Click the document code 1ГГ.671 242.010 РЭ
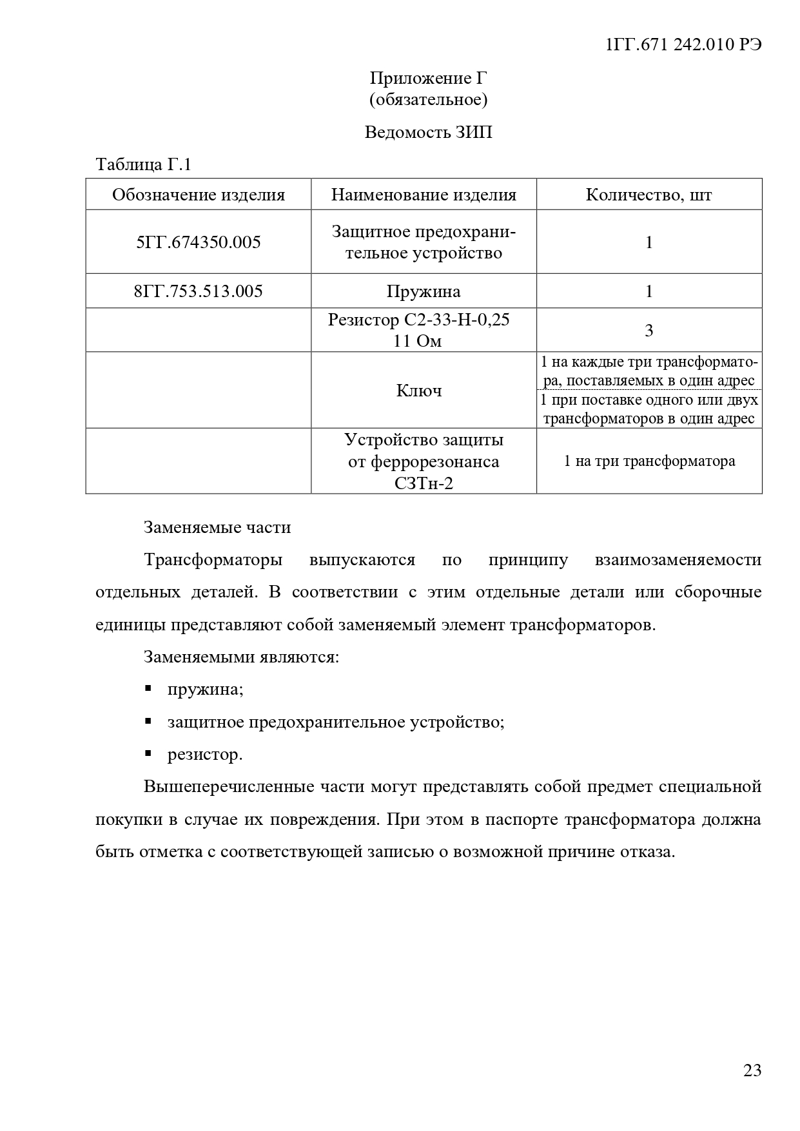coord(684,44)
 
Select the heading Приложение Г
coord(428,78)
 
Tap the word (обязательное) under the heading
coord(428,99)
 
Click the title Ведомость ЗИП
coord(428,132)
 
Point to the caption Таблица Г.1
coord(144,164)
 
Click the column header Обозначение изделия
coord(199,195)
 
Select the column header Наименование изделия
coord(424,195)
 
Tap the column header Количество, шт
coord(649,195)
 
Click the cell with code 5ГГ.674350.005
coord(199,242)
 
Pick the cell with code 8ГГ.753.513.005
coord(199,291)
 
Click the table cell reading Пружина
coord(424,291)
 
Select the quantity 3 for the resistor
coord(649,331)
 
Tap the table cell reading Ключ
coord(419,391)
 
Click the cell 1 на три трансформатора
coord(649,461)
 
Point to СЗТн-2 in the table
coord(424,483)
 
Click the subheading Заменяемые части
coord(217,527)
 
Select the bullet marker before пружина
coord(148,689)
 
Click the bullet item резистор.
coord(205,754)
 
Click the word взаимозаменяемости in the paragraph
coord(678,559)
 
